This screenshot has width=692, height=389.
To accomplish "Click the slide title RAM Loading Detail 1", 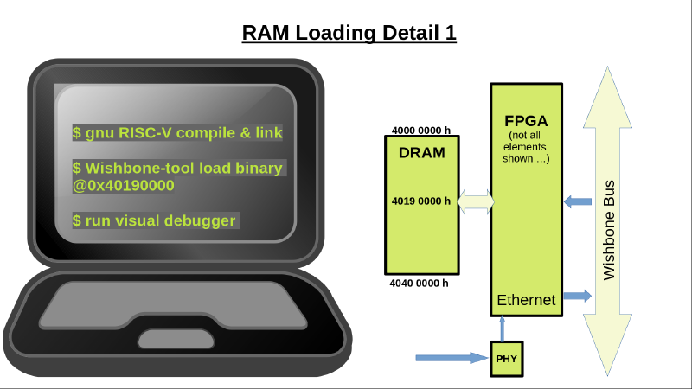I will (349, 33).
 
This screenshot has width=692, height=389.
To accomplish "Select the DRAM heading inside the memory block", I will (421, 153).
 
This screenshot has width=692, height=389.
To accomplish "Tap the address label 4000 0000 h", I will (421, 131).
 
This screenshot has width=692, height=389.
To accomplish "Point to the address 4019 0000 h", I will (421, 201).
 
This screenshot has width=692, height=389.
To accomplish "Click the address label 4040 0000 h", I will (421, 283).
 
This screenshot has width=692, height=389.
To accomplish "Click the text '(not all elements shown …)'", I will (526, 147).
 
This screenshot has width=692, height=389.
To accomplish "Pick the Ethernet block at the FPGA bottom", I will (526, 300).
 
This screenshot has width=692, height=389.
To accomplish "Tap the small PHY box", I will (505, 357).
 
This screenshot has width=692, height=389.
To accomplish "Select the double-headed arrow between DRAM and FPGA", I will (475, 201).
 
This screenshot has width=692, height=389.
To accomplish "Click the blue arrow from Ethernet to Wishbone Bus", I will (577, 296).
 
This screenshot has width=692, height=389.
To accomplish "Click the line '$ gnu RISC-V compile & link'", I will (178, 133).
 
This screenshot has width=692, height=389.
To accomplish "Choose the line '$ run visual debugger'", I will (154, 220).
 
